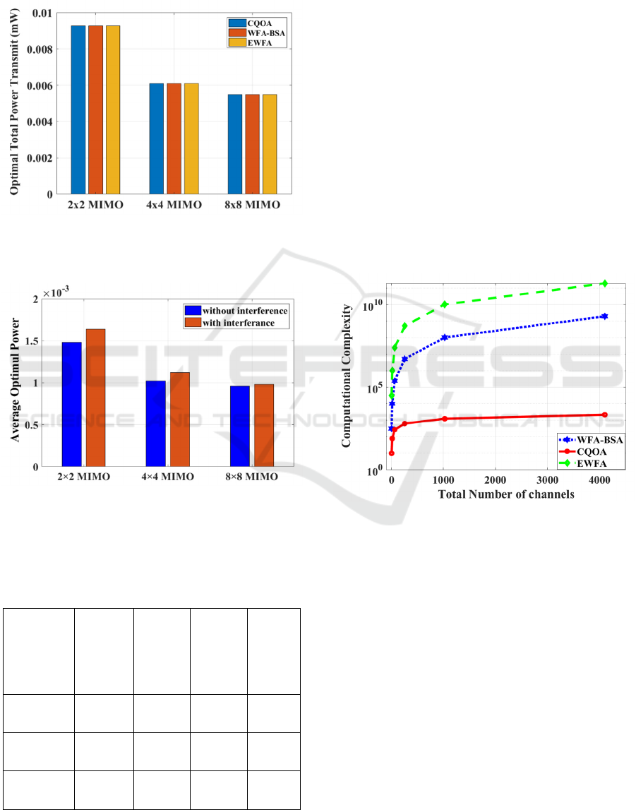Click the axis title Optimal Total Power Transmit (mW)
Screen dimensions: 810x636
click(14, 103)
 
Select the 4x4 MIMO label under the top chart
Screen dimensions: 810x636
click(174, 206)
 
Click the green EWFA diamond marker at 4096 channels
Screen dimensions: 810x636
click(604, 283)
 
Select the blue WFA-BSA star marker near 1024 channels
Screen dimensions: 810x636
click(445, 338)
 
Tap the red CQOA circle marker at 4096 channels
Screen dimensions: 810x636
click(604, 415)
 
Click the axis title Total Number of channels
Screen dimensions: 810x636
click(506, 494)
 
